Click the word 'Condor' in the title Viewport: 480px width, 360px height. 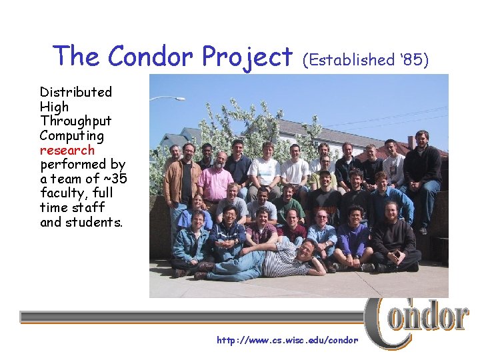pos(149,57)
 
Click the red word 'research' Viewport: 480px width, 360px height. pos(67,150)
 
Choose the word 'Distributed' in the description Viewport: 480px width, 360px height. pos(75,92)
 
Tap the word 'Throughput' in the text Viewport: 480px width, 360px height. pos(75,121)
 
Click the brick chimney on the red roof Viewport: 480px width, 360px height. pos(411,142)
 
